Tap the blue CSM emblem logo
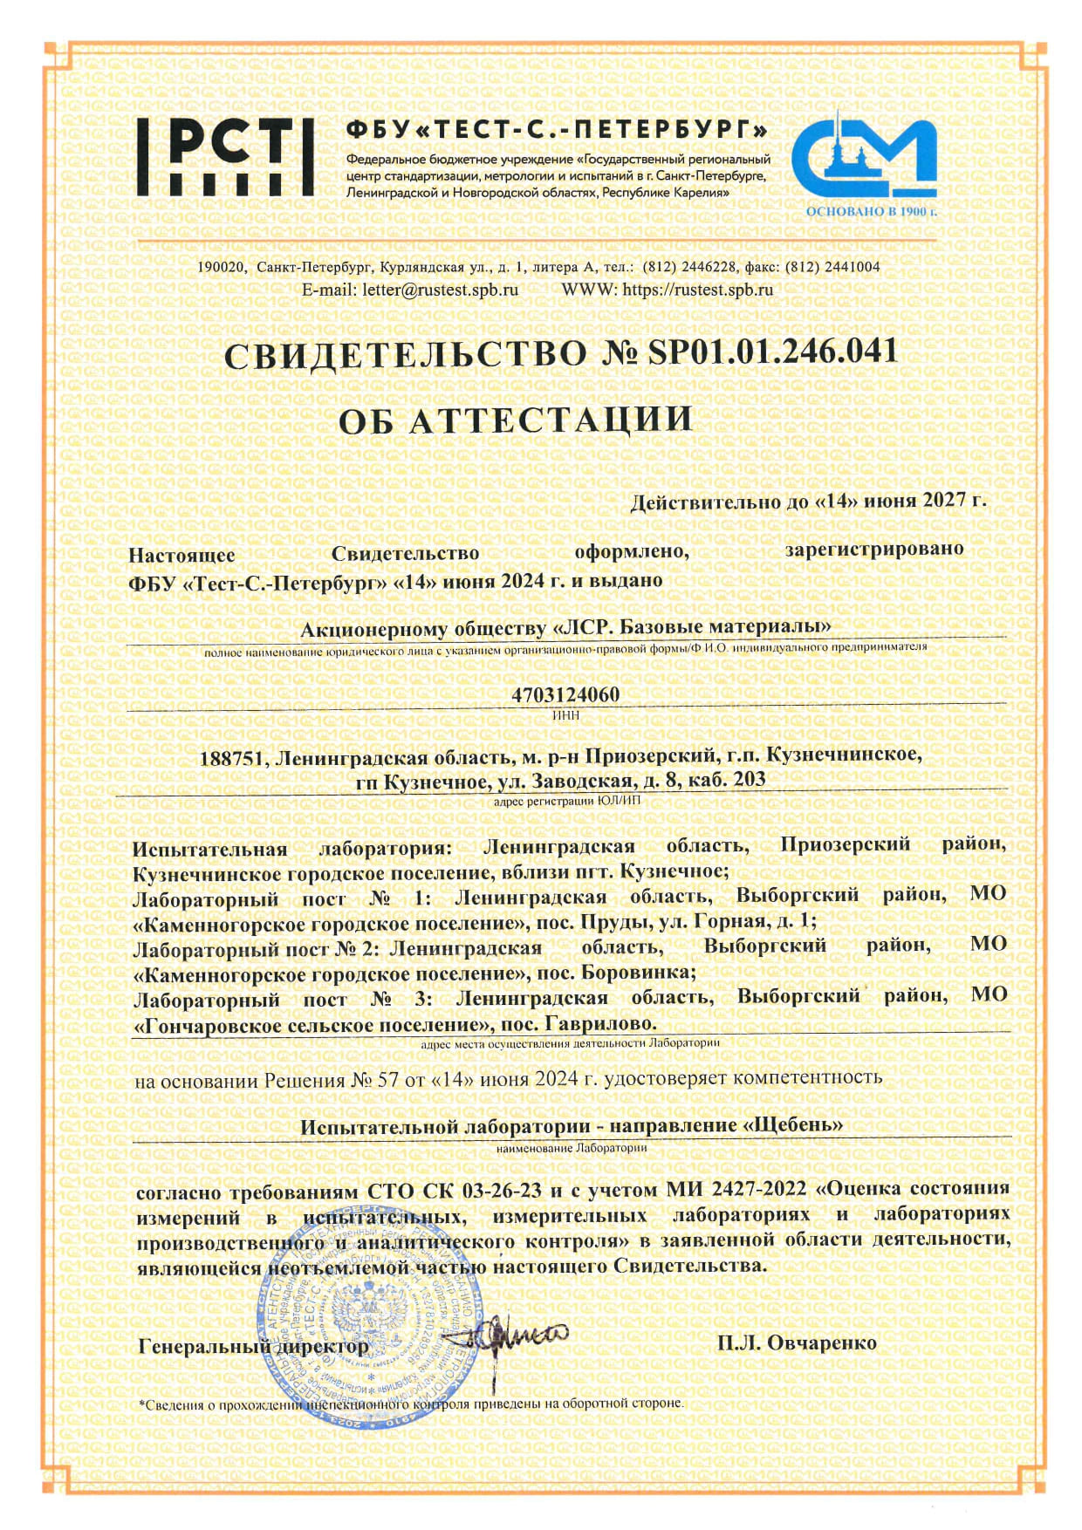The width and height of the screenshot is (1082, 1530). [864, 157]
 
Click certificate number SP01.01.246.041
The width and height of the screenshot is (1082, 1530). [772, 351]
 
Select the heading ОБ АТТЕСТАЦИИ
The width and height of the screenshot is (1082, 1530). [515, 420]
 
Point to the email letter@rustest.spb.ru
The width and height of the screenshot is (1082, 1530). [440, 290]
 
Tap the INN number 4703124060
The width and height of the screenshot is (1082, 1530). [565, 694]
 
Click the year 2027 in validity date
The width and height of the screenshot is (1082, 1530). [942, 500]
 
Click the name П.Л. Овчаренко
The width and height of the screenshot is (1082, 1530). [797, 1342]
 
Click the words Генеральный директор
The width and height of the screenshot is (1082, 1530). [253, 1347]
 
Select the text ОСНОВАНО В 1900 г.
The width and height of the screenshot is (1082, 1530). [870, 211]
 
